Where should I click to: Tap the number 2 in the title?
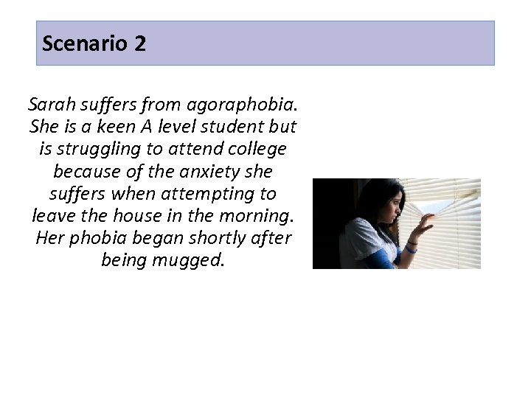[x=140, y=43]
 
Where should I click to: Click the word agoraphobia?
[x=249, y=104]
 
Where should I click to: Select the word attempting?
[x=195, y=194]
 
